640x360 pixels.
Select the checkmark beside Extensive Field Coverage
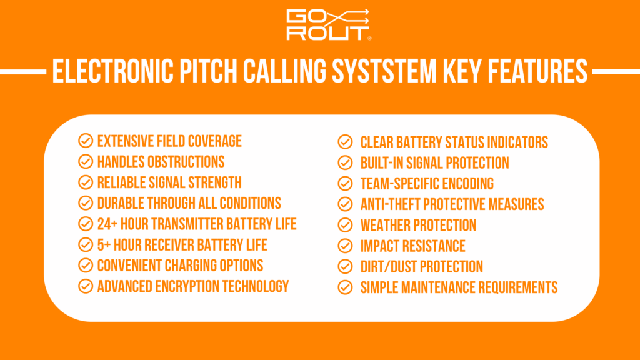click(x=86, y=141)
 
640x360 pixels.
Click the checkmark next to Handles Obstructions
click(x=86, y=161)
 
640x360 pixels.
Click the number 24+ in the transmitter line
click(x=108, y=224)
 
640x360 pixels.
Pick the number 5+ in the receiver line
click(x=104, y=244)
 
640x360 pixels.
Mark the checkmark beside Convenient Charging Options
click(x=86, y=265)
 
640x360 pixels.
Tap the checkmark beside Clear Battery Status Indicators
click(x=345, y=142)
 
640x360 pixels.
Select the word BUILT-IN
click(x=382, y=162)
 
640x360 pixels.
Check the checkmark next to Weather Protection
click(x=345, y=225)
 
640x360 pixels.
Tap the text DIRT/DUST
click(x=389, y=267)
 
